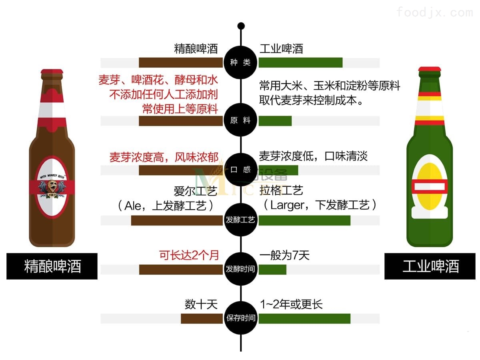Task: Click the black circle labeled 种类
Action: click(240, 62)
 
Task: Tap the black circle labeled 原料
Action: click(240, 120)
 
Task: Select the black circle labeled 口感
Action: click(240, 170)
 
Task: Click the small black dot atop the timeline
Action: click(241, 26)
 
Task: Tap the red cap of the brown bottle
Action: click(52, 72)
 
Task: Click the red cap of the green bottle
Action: click(430, 69)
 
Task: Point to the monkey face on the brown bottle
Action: click(52, 186)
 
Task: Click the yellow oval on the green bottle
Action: click(429, 186)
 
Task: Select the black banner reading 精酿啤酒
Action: click(52, 266)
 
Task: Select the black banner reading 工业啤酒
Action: click(430, 266)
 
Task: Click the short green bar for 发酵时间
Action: click(272, 270)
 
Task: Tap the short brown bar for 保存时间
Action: click(202, 318)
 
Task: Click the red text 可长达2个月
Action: click(189, 255)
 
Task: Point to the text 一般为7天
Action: click(284, 255)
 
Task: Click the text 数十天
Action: click(201, 304)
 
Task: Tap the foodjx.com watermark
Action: click(434, 12)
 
